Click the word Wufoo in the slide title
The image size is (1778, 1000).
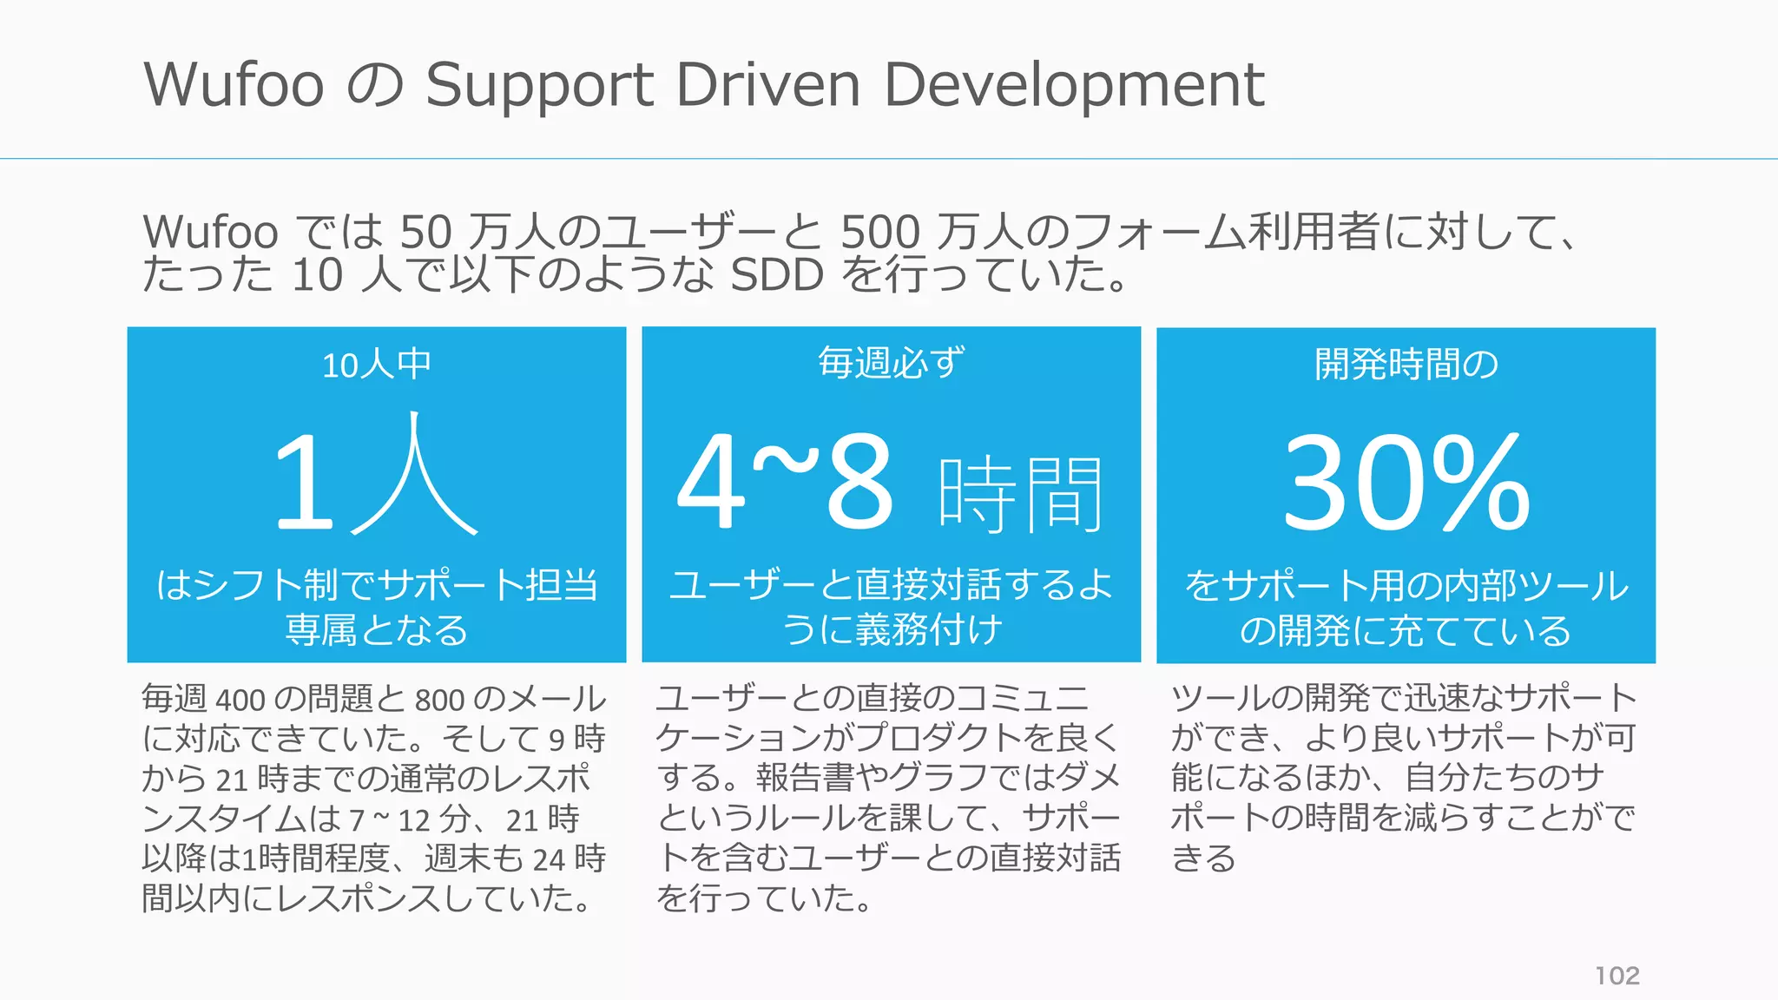click(x=234, y=85)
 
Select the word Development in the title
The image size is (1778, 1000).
click(x=1074, y=85)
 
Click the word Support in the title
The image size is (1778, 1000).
click(x=539, y=87)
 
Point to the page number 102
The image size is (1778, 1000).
click(x=1617, y=976)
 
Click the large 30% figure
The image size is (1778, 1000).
click(x=1406, y=483)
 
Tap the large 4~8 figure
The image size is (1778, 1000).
click(x=786, y=483)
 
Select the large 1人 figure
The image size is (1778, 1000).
click(x=375, y=477)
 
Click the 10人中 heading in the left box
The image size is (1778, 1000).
click(x=377, y=365)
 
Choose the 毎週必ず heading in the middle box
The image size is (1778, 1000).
click(x=891, y=363)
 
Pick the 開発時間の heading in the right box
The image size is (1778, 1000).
click(x=1406, y=364)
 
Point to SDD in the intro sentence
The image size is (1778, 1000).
click(x=777, y=275)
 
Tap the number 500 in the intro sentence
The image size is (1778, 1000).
click(x=879, y=233)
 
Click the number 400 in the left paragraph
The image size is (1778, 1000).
click(x=240, y=700)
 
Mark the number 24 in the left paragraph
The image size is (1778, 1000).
click(x=549, y=859)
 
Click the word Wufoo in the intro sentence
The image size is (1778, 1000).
click(x=210, y=233)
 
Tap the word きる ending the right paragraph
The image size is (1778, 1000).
click(x=1203, y=859)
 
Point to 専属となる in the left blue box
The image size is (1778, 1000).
click(x=377, y=630)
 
